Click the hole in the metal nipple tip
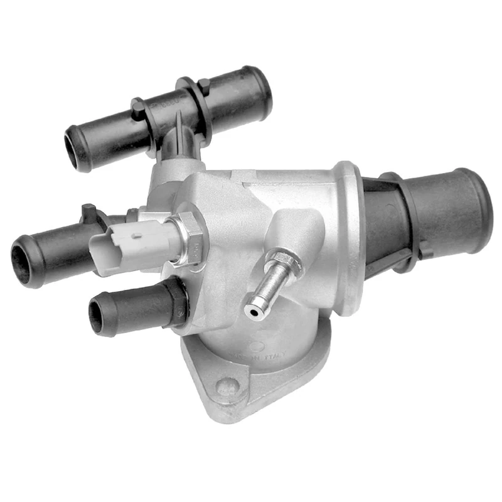pyautogui.click(x=252, y=310)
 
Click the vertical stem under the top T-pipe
pyautogui.click(x=181, y=141)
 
